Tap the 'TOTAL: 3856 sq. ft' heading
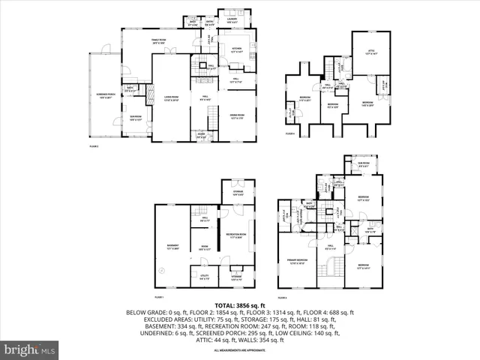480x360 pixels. click(x=240, y=306)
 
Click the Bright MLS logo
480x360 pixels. click(x=30, y=349)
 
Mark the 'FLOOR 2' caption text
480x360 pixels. click(x=94, y=146)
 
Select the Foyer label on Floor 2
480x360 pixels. click(x=201, y=136)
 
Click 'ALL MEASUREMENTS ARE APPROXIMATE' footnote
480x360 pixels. click(x=240, y=350)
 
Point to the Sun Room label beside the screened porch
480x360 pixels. click(x=136, y=118)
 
